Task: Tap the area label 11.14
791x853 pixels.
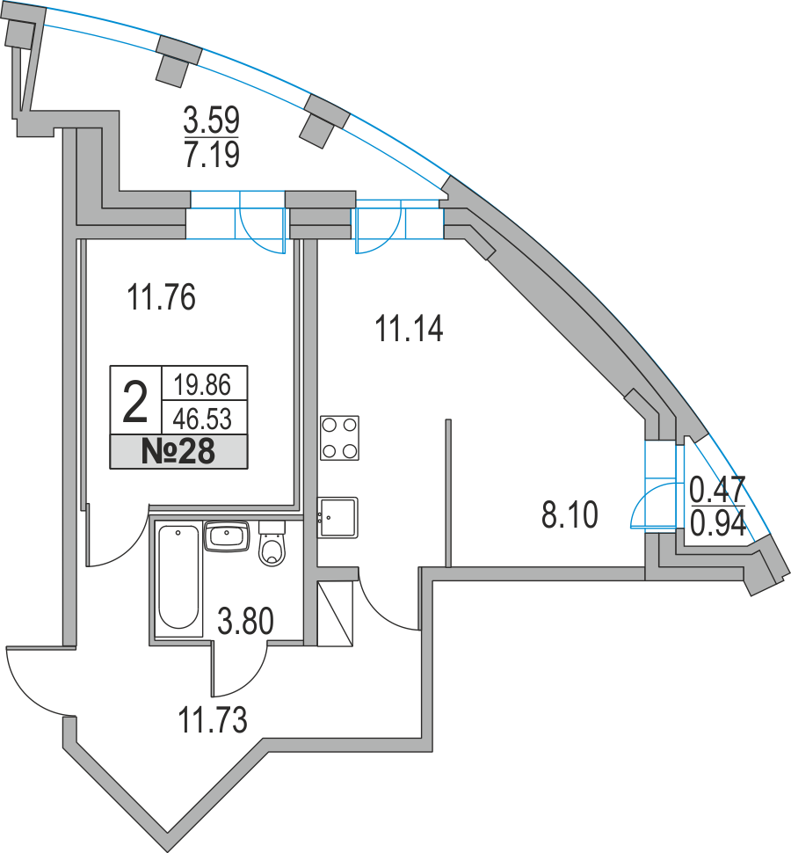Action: coord(409,330)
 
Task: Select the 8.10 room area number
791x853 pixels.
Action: coord(570,514)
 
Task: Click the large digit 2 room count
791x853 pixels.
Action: coord(135,401)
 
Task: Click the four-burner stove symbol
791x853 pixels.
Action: coord(339,438)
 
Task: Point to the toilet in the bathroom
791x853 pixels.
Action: coord(272,545)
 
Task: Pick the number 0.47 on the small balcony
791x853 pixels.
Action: coord(717,487)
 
